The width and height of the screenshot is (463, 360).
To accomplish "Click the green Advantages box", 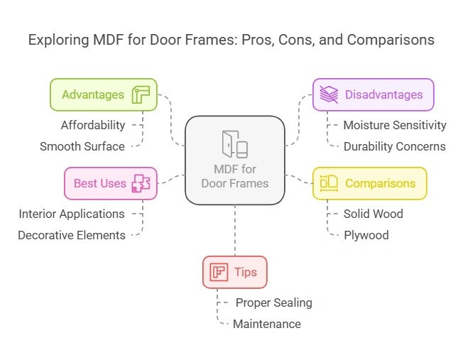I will [103, 94].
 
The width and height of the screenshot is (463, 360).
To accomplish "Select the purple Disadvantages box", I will [373, 94].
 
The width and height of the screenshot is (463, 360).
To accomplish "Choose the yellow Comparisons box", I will [369, 183].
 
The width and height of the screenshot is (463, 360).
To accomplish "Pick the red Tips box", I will [234, 272].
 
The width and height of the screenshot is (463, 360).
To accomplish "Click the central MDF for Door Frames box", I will [234, 160].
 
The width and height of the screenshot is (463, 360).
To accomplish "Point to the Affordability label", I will [92, 125].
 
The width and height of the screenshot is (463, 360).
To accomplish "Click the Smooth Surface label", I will [82, 146].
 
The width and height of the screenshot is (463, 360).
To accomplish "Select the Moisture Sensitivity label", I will [395, 125].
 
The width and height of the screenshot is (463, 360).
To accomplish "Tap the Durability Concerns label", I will [395, 146].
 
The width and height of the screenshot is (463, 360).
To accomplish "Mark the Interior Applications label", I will [72, 214].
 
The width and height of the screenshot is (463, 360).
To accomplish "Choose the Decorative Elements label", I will [72, 235].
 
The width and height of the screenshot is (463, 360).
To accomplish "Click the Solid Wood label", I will [374, 214].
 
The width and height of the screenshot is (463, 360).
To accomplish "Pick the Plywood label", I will [366, 235].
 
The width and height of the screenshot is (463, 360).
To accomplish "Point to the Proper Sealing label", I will [274, 302].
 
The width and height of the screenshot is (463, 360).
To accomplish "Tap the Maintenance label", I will [267, 324].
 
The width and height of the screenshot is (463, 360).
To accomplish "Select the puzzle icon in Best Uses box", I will [141, 183].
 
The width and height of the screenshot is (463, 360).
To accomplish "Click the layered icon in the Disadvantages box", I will [329, 94].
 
